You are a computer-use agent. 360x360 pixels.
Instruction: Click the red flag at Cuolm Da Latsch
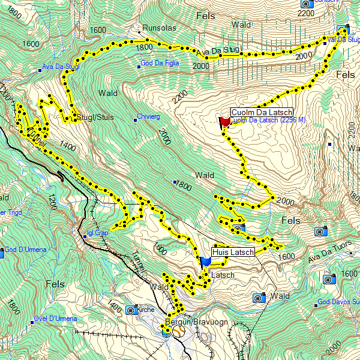pyautogui.click(x=225, y=122)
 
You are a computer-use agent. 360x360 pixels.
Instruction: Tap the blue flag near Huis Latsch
pyautogui.click(x=206, y=261)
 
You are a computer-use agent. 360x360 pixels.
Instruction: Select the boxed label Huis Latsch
pyautogui.click(x=233, y=252)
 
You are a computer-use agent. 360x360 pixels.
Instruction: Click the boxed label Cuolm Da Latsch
pyautogui.click(x=261, y=113)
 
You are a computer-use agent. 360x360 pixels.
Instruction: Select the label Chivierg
pyautogui.click(x=148, y=116)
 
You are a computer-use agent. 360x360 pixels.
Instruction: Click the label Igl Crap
pyautogui.click(x=97, y=233)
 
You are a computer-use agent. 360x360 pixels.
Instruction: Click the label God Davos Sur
pyautogui.click(x=338, y=302)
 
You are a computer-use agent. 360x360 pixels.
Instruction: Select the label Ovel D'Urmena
pyautogui.click(x=55, y=318)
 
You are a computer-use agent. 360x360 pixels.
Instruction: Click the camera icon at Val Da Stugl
pyautogui.click(x=343, y=30)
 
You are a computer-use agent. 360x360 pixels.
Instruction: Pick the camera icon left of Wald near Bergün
pyautogui.click(x=259, y=297)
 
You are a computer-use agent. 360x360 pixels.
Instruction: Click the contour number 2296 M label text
pyautogui.click(x=288, y=121)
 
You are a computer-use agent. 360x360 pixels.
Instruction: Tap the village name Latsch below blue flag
pyautogui.click(x=223, y=275)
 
